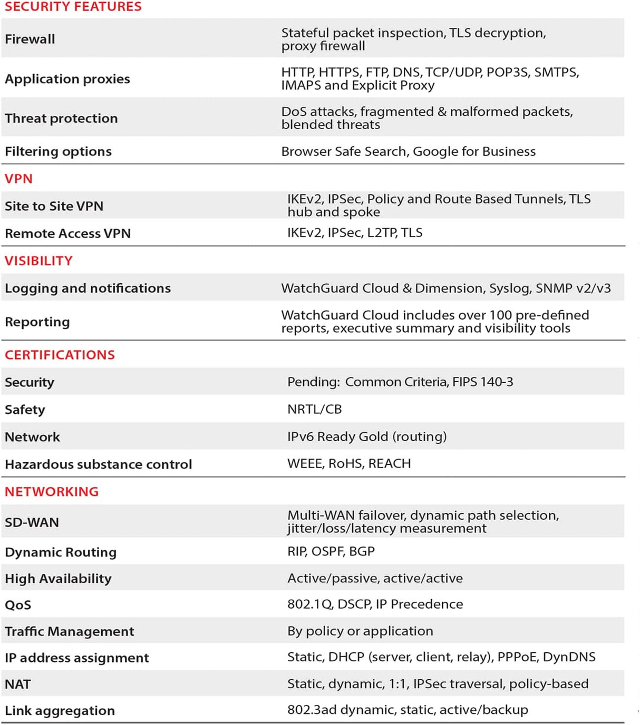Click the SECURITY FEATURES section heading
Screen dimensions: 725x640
click(73, 7)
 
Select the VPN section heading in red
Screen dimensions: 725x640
click(19, 179)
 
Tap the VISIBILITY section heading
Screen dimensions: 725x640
click(38, 261)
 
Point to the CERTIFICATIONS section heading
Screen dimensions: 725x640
click(60, 355)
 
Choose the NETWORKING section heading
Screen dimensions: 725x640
click(52, 492)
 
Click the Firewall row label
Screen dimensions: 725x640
click(30, 39)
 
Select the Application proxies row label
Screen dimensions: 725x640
click(67, 79)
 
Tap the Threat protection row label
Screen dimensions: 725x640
click(61, 118)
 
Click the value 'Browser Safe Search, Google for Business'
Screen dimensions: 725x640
click(408, 152)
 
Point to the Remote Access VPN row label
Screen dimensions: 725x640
click(67, 233)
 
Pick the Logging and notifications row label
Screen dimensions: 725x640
click(88, 289)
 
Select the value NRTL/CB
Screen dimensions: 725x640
click(314, 409)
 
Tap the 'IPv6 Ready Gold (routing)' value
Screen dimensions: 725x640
click(367, 436)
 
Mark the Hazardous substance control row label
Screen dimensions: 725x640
click(98, 464)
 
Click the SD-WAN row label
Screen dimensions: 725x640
click(32, 522)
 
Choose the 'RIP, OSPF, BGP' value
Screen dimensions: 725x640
click(331, 551)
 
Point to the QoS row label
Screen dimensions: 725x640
click(18, 605)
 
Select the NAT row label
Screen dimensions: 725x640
click(18, 684)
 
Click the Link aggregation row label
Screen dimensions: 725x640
click(60, 711)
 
